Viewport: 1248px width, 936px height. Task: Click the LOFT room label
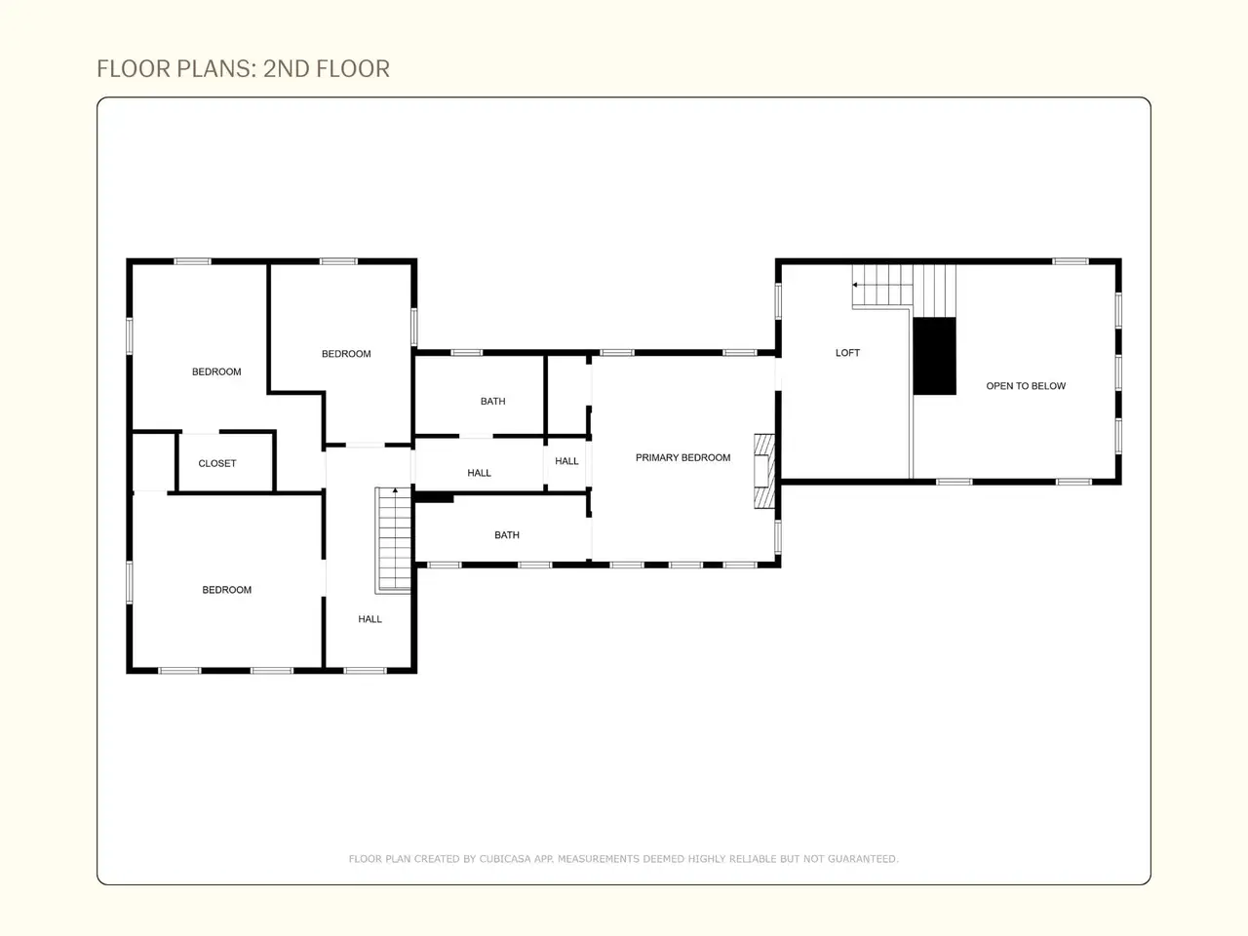point(847,353)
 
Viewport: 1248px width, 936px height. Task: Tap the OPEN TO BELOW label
point(1026,386)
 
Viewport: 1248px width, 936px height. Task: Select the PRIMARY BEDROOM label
point(682,457)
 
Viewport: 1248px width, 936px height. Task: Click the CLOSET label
point(217,464)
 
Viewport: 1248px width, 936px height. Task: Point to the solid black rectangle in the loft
point(935,356)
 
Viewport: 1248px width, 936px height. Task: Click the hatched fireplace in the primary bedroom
point(764,471)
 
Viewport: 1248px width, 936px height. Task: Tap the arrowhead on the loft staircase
point(854,285)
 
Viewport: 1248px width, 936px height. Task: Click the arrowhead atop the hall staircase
point(395,489)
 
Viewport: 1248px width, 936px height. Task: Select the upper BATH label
point(493,402)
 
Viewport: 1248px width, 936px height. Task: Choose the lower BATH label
point(507,534)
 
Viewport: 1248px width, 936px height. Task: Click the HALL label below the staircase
point(370,619)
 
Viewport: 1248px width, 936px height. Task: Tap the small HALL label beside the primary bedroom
point(566,461)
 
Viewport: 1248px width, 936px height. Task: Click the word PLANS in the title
point(214,69)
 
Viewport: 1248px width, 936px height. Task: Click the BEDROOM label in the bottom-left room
point(227,590)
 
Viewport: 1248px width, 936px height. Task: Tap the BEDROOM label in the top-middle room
point(346,354)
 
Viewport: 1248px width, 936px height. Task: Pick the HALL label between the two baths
point(479,473)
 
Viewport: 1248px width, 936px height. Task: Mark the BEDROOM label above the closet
point(216,371)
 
